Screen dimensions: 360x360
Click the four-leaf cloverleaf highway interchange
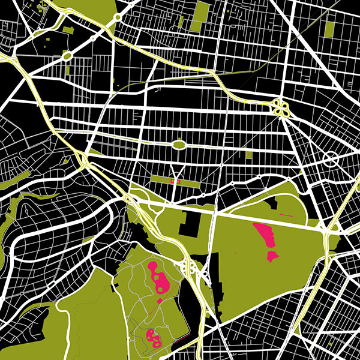280,107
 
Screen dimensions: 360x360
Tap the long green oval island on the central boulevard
179,144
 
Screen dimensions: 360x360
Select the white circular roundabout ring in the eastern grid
331,160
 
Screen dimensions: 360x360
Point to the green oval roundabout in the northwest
67,56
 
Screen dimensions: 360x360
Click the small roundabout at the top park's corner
118,18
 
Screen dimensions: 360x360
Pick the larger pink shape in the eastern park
265,235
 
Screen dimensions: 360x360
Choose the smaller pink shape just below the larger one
272,256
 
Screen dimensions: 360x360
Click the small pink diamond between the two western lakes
160,299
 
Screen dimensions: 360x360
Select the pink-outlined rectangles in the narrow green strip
175,180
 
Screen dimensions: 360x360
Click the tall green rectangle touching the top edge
202,15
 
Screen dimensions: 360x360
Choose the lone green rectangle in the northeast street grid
329,27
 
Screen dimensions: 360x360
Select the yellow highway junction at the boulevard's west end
83,159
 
